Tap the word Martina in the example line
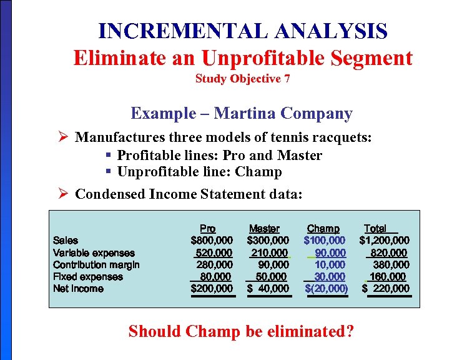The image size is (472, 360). coord(247,113)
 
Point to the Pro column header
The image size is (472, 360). coord(208,229)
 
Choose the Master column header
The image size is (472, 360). coord(264,229)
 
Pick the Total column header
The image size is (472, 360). coord(375,229)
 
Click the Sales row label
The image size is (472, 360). coord(66,241)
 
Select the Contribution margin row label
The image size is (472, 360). coord(96,264)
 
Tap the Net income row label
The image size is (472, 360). coord(78,288)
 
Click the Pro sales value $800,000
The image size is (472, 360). coord(212,241)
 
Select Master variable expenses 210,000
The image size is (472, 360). coord(270,252)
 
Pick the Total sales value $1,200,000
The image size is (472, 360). coord(385,241)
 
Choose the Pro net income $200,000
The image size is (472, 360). coord(212,288)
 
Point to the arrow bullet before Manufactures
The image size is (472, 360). coord(62,137)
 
